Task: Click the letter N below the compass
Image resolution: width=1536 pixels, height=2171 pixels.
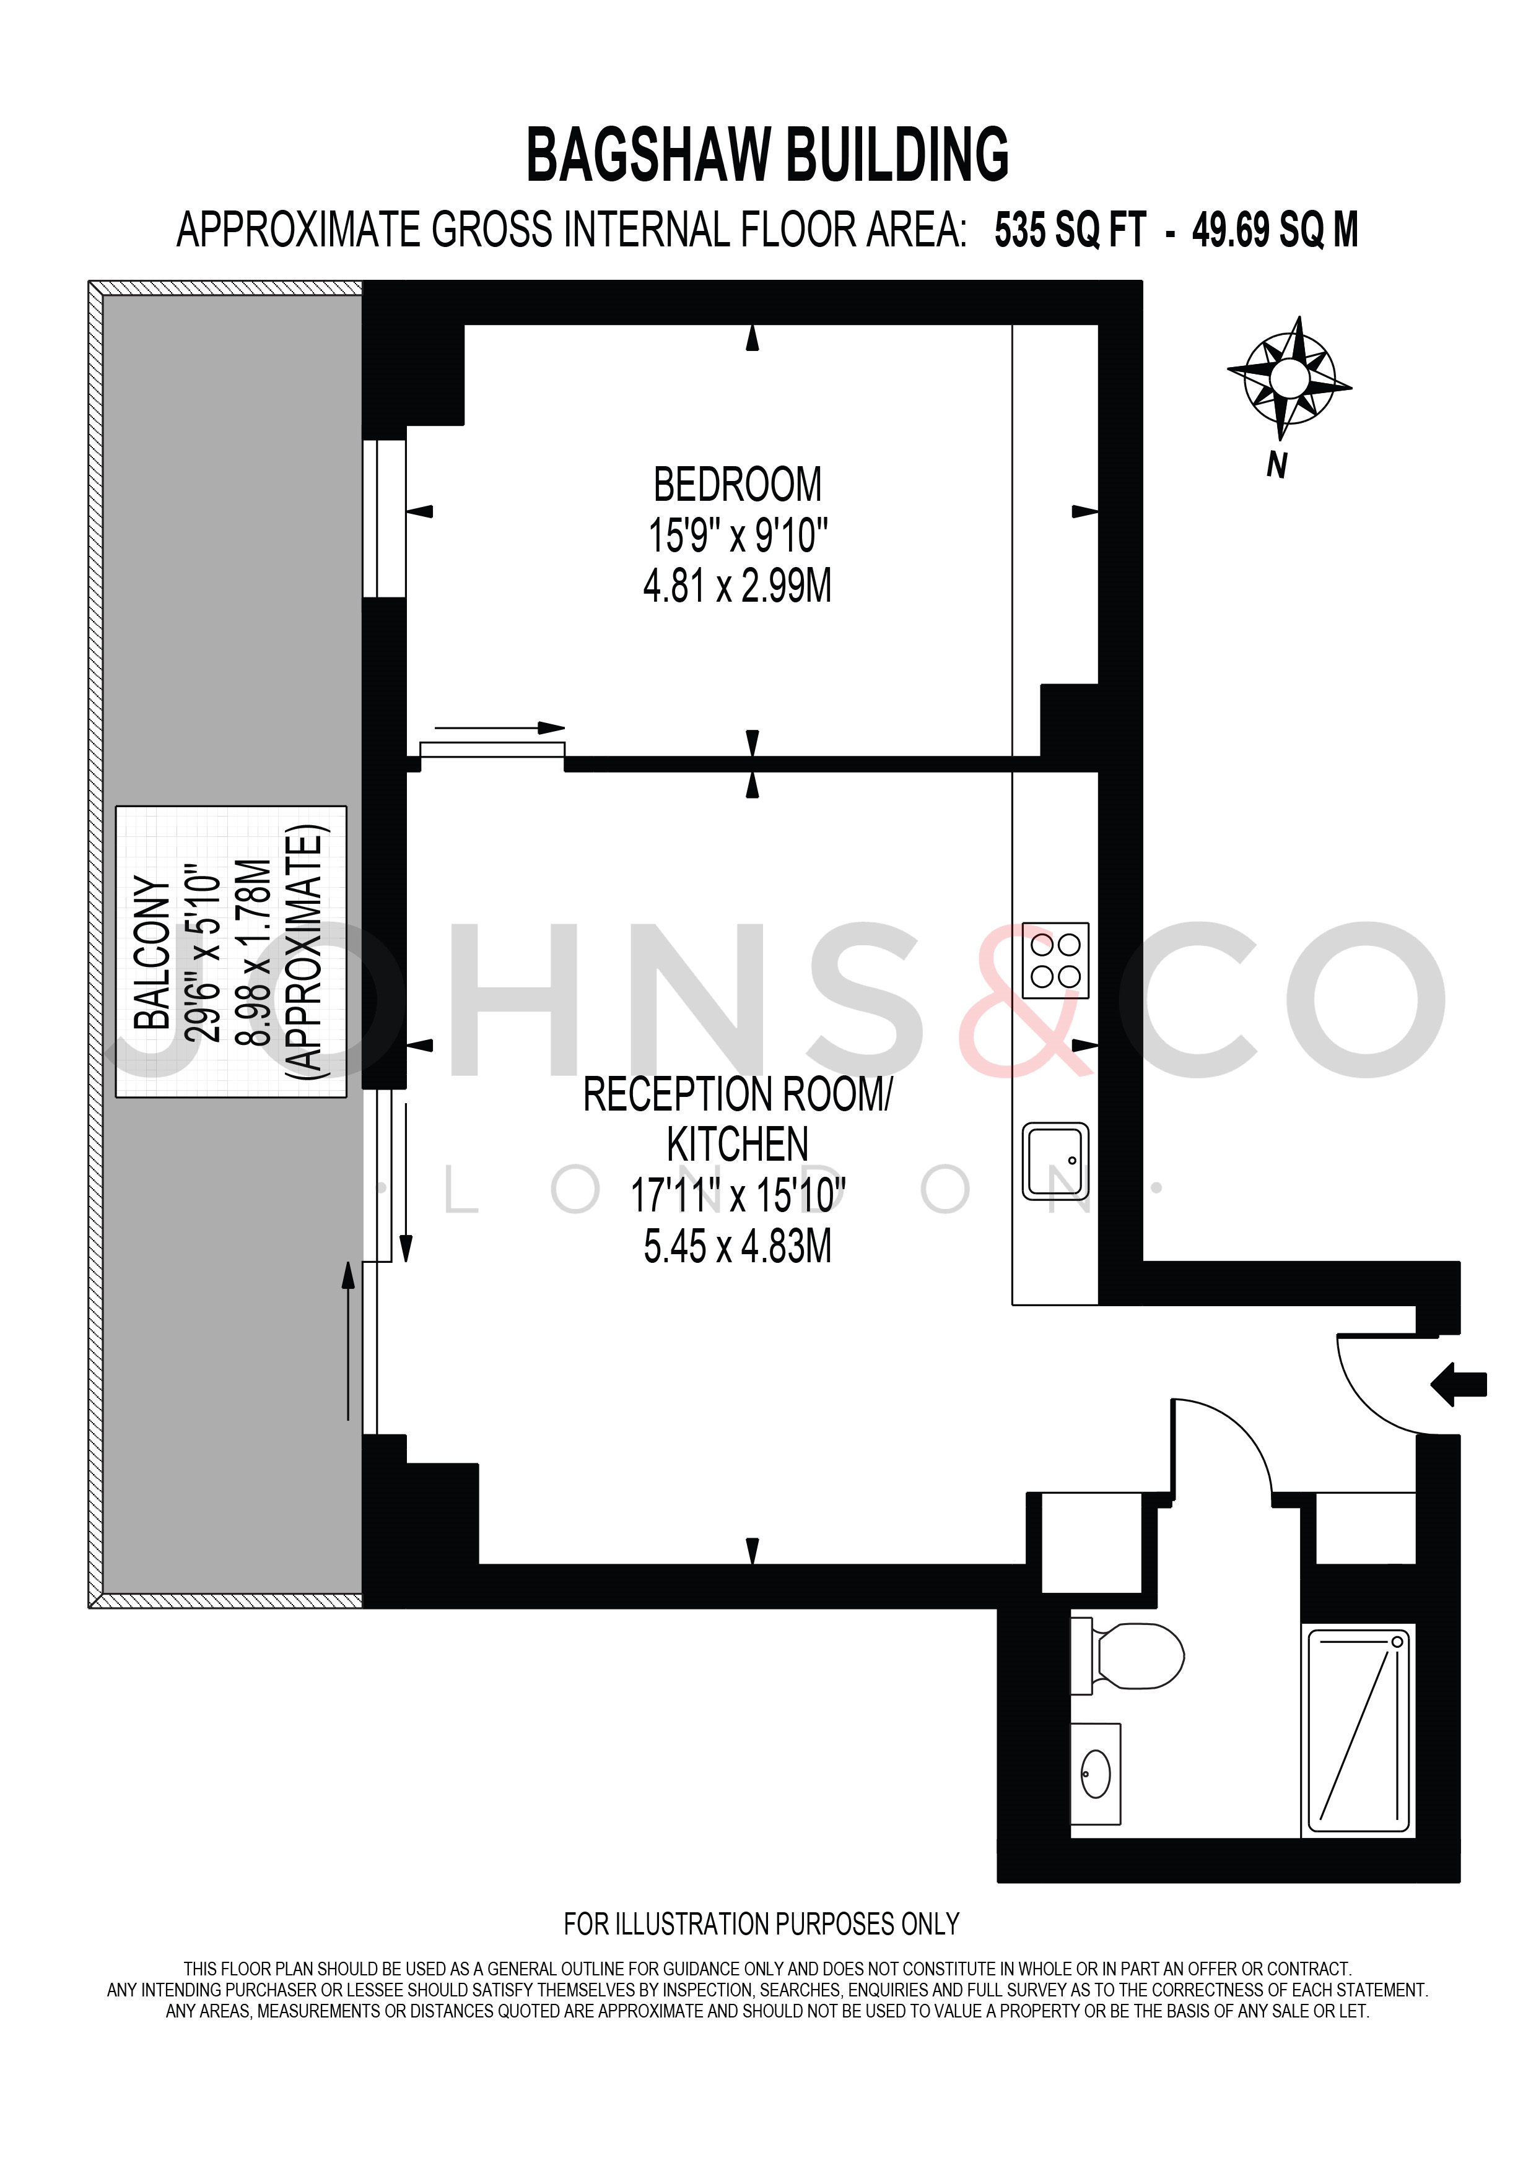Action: tap(1278, 466)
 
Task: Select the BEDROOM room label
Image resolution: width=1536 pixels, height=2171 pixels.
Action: tap(738, 485)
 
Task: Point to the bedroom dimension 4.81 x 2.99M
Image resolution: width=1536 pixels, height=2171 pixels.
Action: tap(738, 586)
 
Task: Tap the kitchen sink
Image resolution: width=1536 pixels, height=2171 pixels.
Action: tap(1055, 1161)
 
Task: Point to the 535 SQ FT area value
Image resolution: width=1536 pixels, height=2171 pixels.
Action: tap(1070, 231)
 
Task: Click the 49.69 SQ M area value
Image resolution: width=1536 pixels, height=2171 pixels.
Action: tap(1275, 231)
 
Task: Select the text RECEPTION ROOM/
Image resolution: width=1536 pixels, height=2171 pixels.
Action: tap(738, 1095)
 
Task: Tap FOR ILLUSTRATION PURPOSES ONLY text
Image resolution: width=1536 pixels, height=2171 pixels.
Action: tap(761, 1923)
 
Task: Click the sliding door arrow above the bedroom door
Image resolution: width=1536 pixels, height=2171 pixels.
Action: tap(499, 728)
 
